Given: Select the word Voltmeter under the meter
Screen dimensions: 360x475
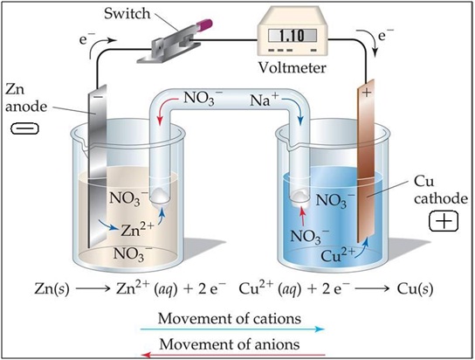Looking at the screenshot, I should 295,67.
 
